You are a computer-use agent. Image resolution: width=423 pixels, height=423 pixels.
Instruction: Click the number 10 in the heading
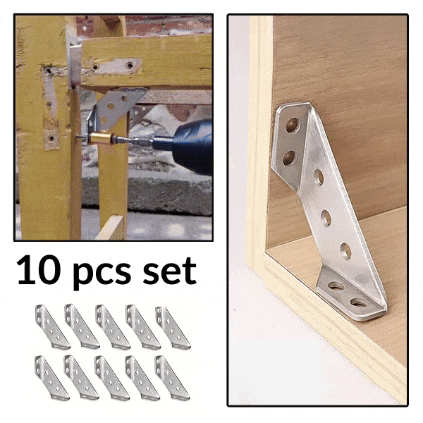coord(38,270)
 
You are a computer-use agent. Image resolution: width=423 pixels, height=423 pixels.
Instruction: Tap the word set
coord(169,271)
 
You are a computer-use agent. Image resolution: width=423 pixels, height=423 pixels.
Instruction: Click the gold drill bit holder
coord(100,138)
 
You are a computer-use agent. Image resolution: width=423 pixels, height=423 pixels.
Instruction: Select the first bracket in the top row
coord(52,326)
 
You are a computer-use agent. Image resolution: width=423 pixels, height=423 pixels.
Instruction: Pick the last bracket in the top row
coord(173,328)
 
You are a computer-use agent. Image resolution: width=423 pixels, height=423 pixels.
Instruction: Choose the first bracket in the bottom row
coord(51,378)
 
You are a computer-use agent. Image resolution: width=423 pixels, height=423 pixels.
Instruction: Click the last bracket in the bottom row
coord(172,378)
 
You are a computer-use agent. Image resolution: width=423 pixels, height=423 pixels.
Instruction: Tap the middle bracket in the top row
coord(113,327)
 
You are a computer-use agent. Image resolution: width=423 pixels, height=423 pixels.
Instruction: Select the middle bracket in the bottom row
coord(112,378)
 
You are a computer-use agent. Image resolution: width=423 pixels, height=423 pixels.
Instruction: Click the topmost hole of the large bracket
coord(293,125)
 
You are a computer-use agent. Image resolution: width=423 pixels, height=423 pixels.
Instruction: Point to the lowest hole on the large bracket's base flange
coord(359,302)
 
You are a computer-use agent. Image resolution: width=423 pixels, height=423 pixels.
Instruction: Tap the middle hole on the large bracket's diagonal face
coord(326,218)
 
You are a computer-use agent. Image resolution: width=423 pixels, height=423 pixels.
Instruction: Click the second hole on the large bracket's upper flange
coord(289,157)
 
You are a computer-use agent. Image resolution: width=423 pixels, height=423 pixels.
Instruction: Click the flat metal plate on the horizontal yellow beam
coord(116,66)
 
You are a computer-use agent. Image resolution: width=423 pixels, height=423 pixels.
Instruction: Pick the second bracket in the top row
coord(82,326)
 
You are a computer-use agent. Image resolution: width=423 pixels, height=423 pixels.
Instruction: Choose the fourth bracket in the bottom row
coord(142,378)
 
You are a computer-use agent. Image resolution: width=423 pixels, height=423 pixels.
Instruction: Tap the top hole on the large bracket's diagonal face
coord(319,177)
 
